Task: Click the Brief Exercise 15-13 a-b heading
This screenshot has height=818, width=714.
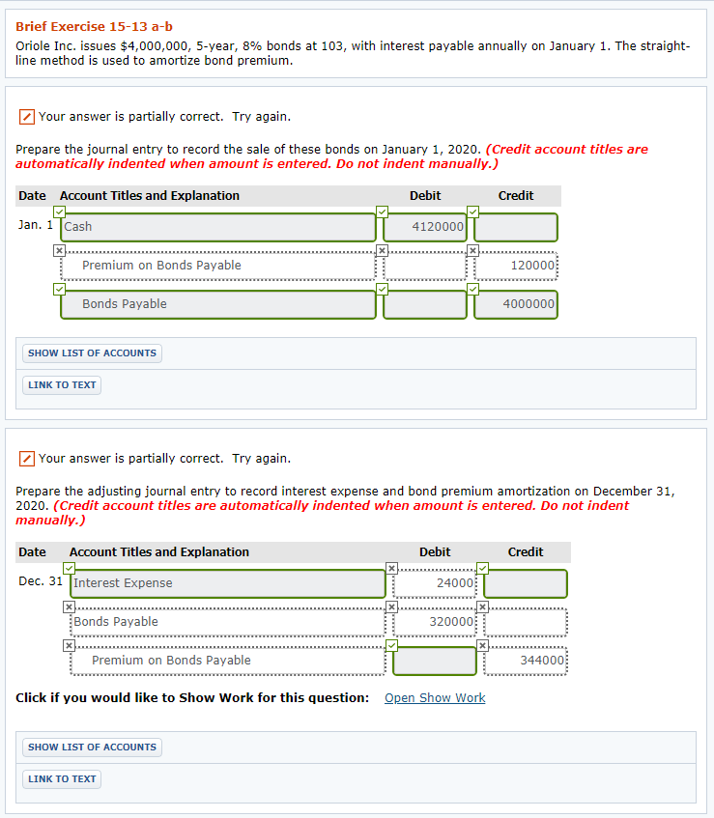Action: [94, 27]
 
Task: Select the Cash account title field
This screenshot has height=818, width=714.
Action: [218, 227]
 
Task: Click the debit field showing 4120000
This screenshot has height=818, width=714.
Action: [425, 227]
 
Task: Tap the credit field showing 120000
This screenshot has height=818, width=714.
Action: [516, 266]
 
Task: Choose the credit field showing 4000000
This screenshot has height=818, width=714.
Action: [516, 304]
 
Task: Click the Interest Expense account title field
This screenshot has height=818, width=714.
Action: [228, 583]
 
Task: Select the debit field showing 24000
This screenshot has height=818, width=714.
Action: [435, 583]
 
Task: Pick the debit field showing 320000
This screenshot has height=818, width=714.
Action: [435, 622]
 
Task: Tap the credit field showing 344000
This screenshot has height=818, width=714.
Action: [526, 661]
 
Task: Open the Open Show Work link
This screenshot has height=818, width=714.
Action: [435, 698]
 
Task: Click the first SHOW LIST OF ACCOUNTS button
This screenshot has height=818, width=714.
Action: [92, 353]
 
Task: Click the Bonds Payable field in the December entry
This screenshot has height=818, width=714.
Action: [228, 622]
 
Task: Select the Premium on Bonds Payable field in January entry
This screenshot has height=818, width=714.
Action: [218, 266]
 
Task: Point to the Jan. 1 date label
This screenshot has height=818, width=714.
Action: [36, 225]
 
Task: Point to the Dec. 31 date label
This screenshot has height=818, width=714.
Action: [41, 581]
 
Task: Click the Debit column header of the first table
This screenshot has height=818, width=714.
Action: [425, 196]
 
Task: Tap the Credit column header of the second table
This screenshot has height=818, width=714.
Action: [526, 552]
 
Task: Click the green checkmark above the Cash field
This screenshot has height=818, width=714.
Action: [60, 212]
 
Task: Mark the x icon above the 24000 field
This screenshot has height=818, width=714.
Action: [391, 568]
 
